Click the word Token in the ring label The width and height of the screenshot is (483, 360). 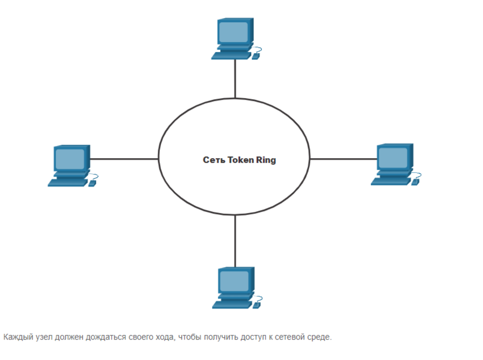240,159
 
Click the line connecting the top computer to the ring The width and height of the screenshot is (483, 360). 235,79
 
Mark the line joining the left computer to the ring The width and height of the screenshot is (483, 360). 124,158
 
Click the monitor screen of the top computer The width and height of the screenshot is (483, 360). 234,32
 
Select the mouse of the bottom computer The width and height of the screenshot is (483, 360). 257,303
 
